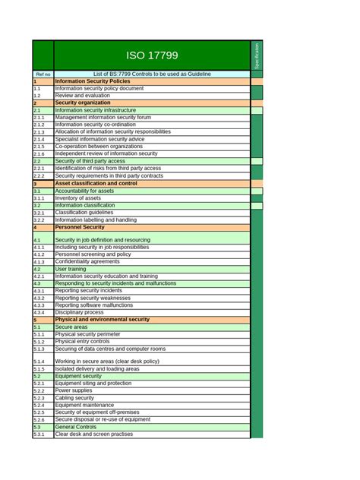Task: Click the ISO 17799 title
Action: [x=152, y=56]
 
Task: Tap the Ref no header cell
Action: [x=43, y=74]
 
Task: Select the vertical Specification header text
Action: [x=257, y=56]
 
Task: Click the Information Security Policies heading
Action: [x=93, y=81]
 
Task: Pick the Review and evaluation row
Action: [x=84, y=96]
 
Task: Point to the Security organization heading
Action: [x=83, y=103]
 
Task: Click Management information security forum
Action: [x=103, y=118]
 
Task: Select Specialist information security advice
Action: [x=99, y=139]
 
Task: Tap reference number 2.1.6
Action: [x=39, y=154]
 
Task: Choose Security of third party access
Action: [x=90, y=161]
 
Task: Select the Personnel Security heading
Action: [x=80, y=227]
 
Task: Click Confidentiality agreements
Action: [x=87, y=261]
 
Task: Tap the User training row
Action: [x=71, y=269]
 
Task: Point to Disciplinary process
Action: [x=80, y=312]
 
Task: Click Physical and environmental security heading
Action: [x=103, y=320]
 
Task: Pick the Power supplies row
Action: [x=75, y=390]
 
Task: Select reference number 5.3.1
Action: [x=39, y=434]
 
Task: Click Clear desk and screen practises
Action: [x=94, y=434]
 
